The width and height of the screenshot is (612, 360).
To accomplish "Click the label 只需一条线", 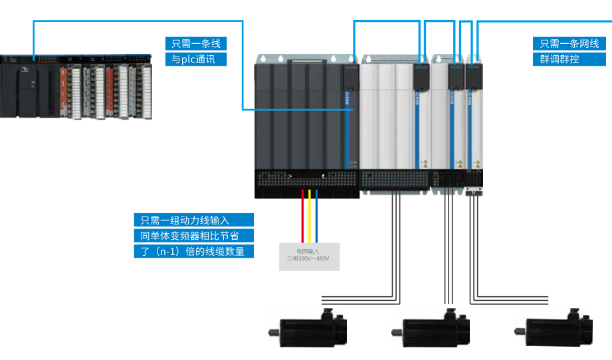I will (x=195, y=44).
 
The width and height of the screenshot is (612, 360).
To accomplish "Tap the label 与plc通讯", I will (x=195, y=59).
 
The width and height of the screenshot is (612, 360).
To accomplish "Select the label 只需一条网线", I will (x=569, y=44).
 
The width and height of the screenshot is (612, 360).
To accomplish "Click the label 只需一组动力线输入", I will (x=193, y=220).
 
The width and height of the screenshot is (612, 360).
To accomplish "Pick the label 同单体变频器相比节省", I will (x=193, y=236).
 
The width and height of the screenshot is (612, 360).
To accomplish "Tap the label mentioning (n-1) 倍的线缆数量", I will (x=193, y=251).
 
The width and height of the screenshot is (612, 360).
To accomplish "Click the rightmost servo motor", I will (x=559, y=329).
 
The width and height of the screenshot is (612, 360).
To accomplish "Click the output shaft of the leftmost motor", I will (x=272, y=331).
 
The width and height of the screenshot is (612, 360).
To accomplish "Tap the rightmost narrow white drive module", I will (x=474, y=120).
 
